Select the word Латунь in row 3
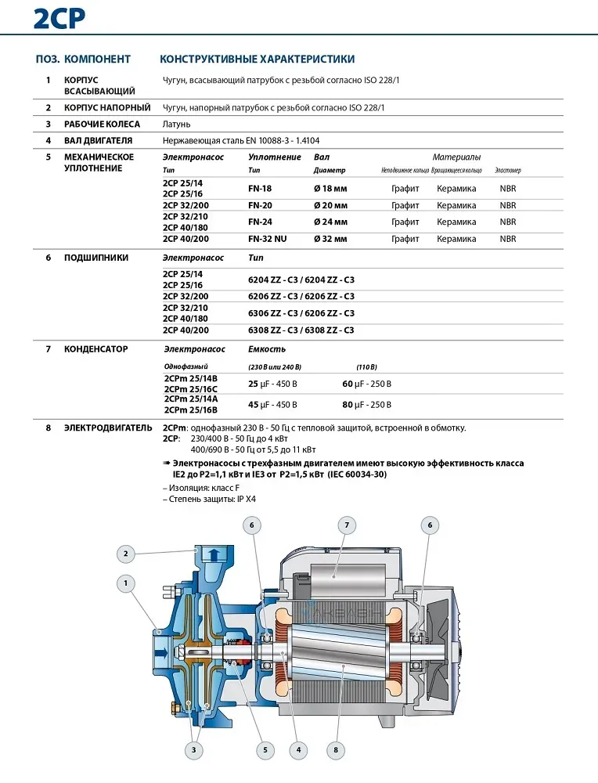pos(176,124)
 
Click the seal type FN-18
pos(260,188)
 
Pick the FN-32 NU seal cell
pos(267,239)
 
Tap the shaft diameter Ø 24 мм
pos(330,222)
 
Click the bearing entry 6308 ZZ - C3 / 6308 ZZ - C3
pos(301,330)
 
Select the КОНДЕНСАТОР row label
pos(95,348)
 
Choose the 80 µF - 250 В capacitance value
pos(366,405)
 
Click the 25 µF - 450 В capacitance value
pos(272,384)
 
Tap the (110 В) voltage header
pos(366,367)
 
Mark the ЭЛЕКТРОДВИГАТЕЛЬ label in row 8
pos(108,428)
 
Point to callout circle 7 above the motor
pos(346,525)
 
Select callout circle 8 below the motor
pos(335,749)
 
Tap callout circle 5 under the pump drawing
pos(265,749)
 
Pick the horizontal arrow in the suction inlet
pos(163,650)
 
